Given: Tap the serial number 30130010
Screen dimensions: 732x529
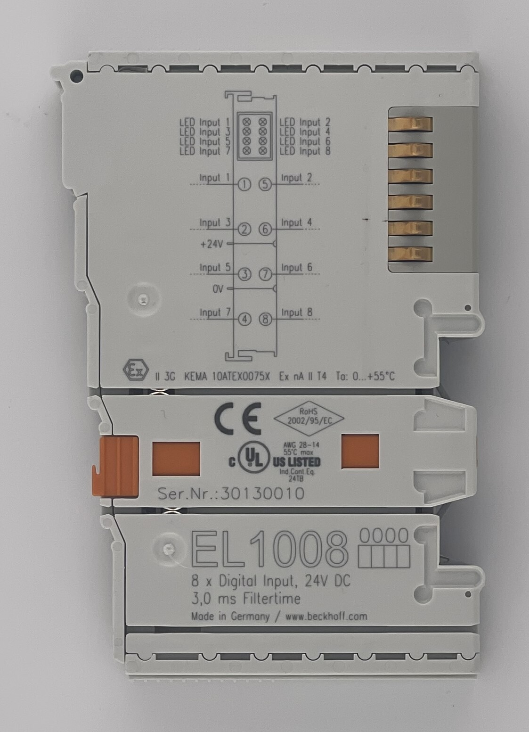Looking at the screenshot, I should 262,493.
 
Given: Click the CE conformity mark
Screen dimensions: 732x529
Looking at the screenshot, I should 238,419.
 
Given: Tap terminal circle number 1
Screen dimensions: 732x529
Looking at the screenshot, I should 244,185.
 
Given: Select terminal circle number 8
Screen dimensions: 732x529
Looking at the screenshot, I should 265,320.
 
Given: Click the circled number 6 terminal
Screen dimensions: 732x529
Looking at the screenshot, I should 265,230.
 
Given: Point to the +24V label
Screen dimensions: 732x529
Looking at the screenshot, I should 211,244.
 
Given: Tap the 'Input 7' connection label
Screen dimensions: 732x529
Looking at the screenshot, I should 215,313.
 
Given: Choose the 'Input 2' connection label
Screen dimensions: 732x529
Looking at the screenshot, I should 296,178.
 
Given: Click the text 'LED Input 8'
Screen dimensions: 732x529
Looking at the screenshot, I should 305,151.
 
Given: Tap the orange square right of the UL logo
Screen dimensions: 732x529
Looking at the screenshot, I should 360,452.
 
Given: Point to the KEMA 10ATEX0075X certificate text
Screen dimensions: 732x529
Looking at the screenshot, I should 227,376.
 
